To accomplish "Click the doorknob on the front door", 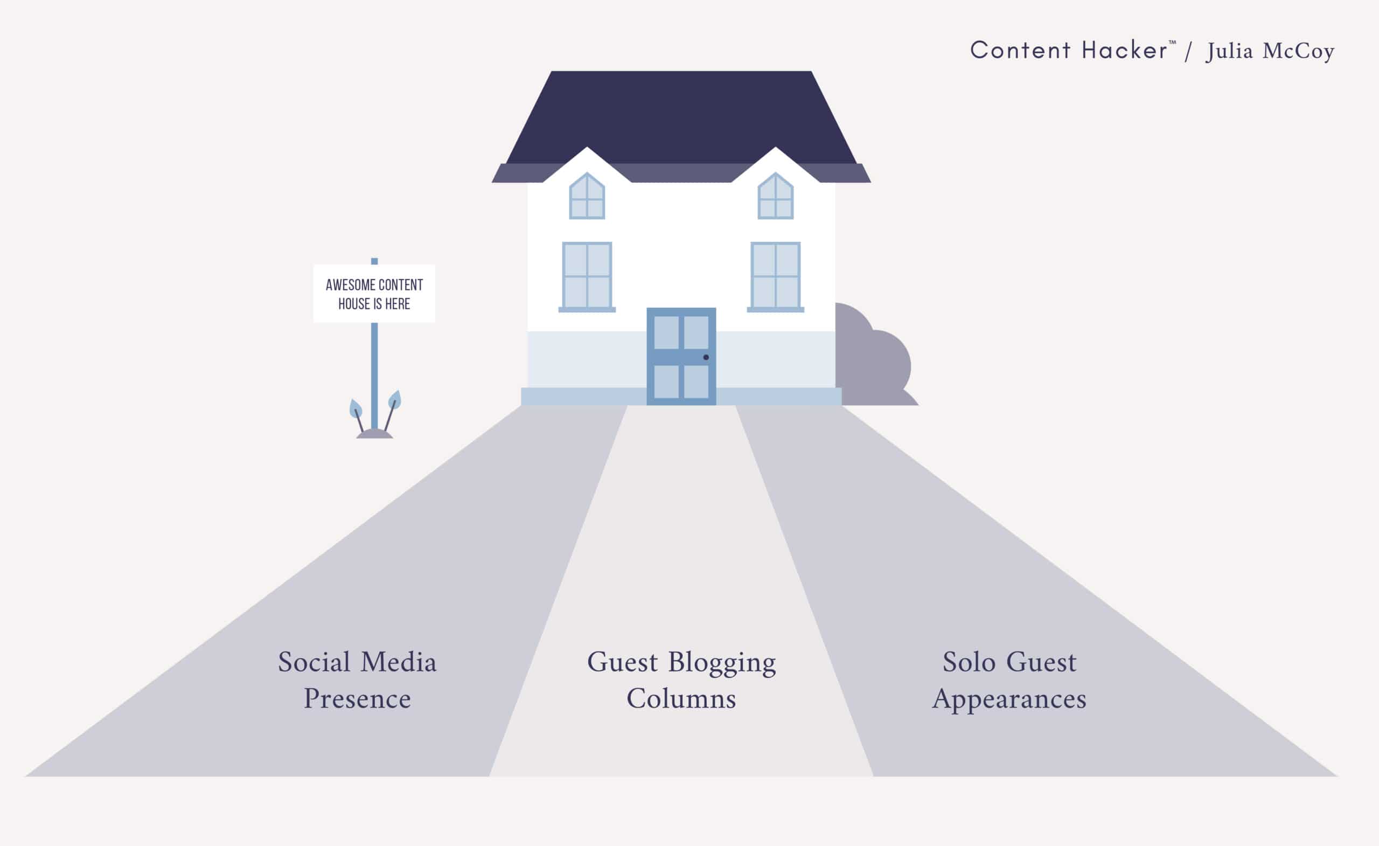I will (706, 357).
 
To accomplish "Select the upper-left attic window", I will (587, 197).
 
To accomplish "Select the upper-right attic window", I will (775, 197).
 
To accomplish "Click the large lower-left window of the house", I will (587, 275).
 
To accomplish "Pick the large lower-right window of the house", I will (775, 275).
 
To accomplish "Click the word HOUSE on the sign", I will (354, 304).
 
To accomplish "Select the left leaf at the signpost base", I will (356, 408).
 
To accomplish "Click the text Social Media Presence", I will (357, 679).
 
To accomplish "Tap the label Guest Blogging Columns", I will (681, 679).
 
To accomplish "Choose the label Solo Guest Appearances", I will (1009, 679).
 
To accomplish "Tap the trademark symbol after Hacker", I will (1173, 43).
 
